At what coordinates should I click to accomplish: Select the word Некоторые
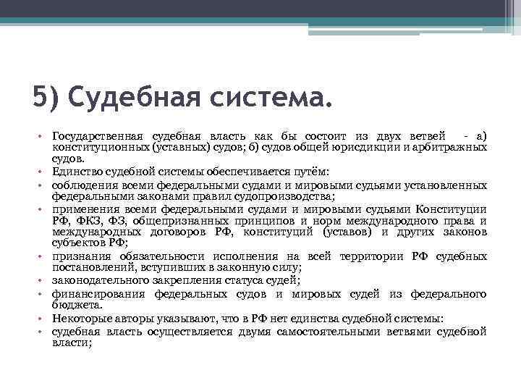[x=79, y=319]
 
